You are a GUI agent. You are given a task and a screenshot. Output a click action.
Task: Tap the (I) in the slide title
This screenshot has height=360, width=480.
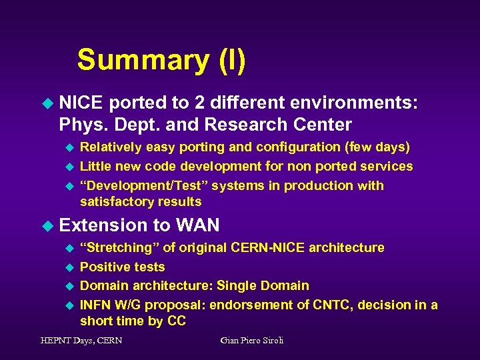pos(231,60)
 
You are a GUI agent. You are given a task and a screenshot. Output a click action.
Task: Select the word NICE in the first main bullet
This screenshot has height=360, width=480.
pos(81,104)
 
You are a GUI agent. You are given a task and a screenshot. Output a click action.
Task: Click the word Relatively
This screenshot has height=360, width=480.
pos(111,147)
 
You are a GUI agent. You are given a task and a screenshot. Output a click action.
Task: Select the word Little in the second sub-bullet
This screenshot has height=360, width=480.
pos(96,166)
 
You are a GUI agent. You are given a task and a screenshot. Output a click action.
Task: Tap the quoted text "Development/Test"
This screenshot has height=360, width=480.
pos(130,185)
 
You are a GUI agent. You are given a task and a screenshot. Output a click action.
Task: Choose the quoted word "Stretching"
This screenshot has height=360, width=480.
pos(119,247)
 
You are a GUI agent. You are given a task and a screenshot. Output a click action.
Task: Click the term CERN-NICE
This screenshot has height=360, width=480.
pos(268,247)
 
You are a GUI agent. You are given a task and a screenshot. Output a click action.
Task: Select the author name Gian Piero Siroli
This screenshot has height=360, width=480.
pos(251,341)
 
